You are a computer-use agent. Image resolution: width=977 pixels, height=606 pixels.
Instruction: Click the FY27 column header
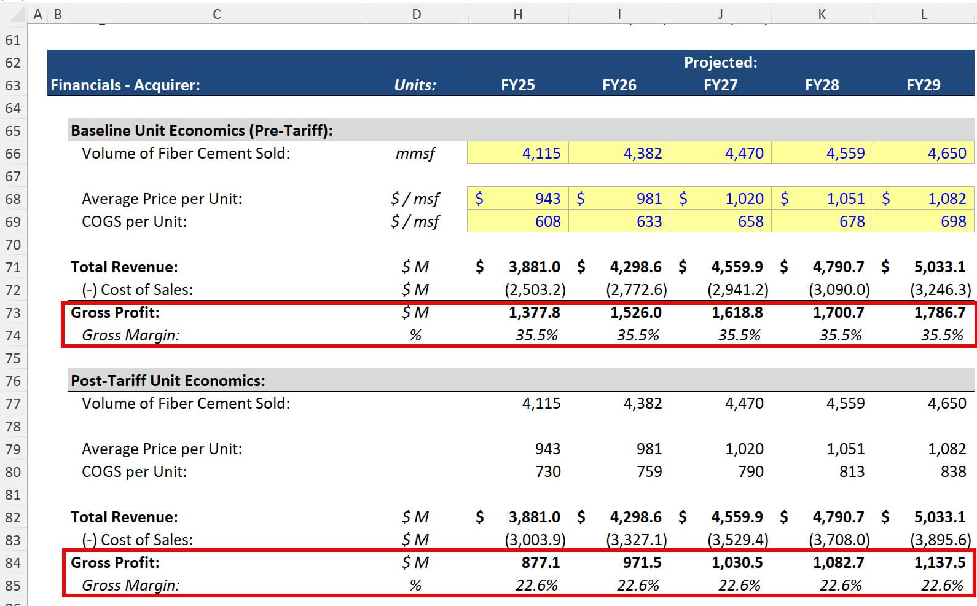(x=720, y=85)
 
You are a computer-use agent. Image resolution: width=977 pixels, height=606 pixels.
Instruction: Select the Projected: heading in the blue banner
(x=720, y=62)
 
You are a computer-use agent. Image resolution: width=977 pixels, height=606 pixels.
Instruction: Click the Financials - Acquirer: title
(x=125, y=85)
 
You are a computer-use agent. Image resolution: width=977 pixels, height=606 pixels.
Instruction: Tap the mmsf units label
(x=415, y=153)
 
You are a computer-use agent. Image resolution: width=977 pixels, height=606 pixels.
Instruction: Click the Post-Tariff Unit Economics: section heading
(x=168, y=380)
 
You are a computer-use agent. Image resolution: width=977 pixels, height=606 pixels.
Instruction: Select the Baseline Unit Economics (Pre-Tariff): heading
(x=202, y=130)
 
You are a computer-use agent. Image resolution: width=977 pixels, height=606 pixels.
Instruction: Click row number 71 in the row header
(x=13, y=267)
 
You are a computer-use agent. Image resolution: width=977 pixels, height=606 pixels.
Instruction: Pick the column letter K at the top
(x=822, y=14)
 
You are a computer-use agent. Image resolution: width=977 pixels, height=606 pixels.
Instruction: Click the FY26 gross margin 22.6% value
(x=638, y=585)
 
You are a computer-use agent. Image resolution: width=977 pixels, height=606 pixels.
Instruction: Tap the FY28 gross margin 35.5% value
(x=840, y=335)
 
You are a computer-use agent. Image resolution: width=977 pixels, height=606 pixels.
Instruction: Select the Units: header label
(x=415, y=85)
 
